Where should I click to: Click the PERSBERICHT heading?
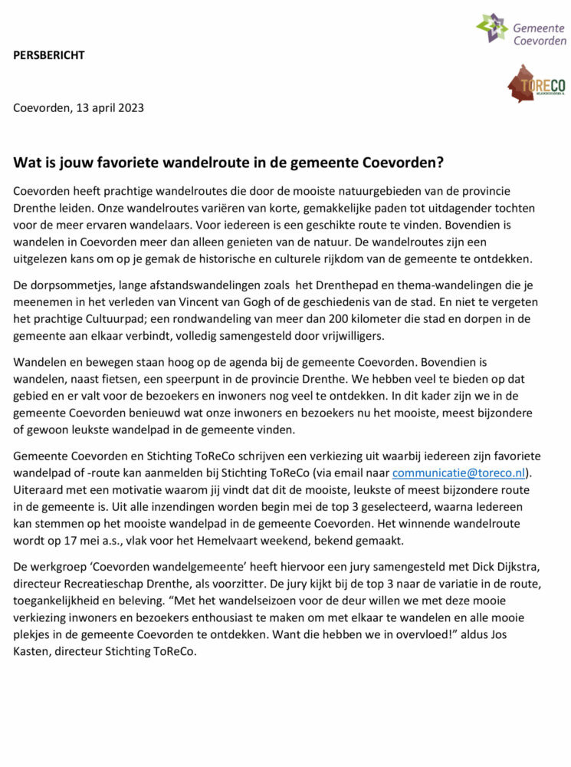[x=49, y=54]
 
